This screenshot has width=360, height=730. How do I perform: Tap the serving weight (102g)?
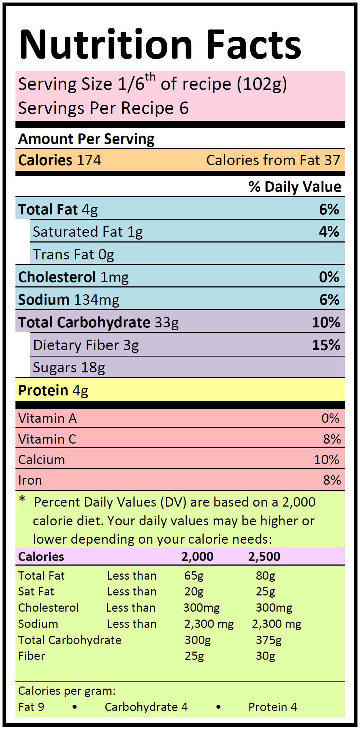point(262,84)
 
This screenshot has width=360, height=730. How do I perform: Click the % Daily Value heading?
point(295,187)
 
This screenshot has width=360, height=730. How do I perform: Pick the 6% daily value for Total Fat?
point(329,209)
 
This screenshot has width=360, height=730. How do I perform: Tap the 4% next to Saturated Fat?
point(329,232)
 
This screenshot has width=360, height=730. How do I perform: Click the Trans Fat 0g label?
point(73,255)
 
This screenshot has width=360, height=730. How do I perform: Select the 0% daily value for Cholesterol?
point(329,277)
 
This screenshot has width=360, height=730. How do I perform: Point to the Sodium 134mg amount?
point(96,300)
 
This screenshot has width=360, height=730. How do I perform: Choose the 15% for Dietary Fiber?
point(326,345)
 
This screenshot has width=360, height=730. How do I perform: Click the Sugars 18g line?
point(69,367)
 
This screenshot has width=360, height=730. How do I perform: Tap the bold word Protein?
point(43,390)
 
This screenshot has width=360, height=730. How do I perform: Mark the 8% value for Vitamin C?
point(332,439)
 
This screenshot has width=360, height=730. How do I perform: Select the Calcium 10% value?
point(327,459)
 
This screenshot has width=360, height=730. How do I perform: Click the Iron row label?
point(30,480)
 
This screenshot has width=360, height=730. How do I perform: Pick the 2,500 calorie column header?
point(264,557)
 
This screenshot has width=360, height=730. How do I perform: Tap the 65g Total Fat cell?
point(194,576)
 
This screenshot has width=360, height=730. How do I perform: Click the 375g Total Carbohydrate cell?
point(269,640)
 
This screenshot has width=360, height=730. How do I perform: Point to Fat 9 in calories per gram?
point(31,707)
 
